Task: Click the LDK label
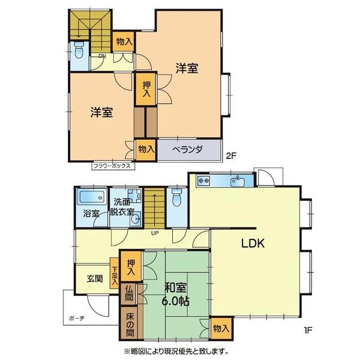point(253,243)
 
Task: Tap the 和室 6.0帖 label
point(176,295)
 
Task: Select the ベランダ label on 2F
point(188,149)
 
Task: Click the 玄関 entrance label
point(95,278)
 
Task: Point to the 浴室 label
point(91,214)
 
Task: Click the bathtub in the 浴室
point(92,197)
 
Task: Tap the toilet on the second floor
point(79,50)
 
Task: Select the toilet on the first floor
point(176,197)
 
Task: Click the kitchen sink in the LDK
point(238,181)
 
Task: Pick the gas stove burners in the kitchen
point(203,180)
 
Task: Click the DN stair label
point(102,56)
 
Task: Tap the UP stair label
point(155,233)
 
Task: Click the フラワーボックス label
point(112,166)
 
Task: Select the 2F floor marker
point(231,156)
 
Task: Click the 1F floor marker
point(308,330)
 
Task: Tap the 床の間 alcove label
point(130,325)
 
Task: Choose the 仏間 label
point(129,294)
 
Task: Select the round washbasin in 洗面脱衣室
point(136,220)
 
